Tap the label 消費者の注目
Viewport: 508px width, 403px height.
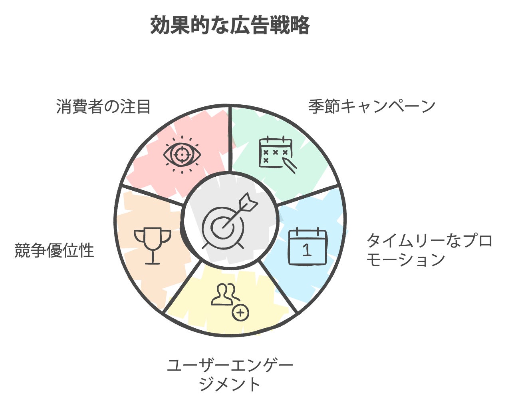pyautogui.click(x=103, y=107)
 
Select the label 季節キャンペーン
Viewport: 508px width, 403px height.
pyautogui.click(x=372, y=106)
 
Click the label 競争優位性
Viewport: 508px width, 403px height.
pyautogui.click(x=54, y=251)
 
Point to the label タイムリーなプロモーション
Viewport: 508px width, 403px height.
pyautogui.click(x=429, y=250)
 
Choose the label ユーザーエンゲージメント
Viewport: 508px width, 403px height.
pyautogui.click(x=230, y=375)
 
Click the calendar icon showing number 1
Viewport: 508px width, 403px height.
pyautogui.click(x=308, y=247)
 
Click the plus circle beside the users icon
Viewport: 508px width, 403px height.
pyautogui.click(x=240, y=313)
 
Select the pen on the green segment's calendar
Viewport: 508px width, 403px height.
pyautogui.click(x=290, y=165)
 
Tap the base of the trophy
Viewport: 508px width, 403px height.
pyautogui.click(x=153, y=262)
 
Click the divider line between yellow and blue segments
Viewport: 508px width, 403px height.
pyautogui.click(x=279, y=286)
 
